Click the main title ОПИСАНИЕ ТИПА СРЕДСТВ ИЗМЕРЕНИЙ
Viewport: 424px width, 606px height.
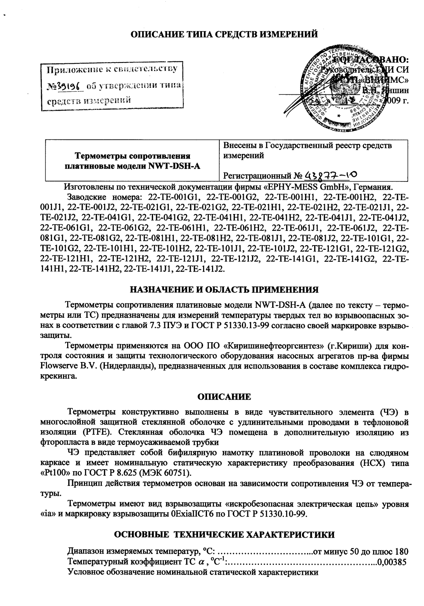[224, 34]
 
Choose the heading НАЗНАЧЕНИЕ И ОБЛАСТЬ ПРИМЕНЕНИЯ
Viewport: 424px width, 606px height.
[224, 289]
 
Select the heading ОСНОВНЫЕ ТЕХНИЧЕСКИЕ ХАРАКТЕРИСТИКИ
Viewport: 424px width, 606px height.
[224, 535]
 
